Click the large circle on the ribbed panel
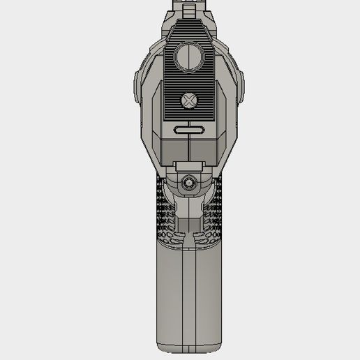pyautogui.click(x=188, y=56)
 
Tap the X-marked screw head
pyautogui.click(x=188, y=101)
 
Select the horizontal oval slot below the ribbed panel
pyautogui.click(x=188, y=128)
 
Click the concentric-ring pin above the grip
pyautogui.click(x=188, y=182)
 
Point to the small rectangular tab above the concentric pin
pyautogui.click(x=188, y=165)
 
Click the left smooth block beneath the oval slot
pyautogui.click(x=174, y=147)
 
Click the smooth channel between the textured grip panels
pyautogui.click(x=188, y=216)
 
